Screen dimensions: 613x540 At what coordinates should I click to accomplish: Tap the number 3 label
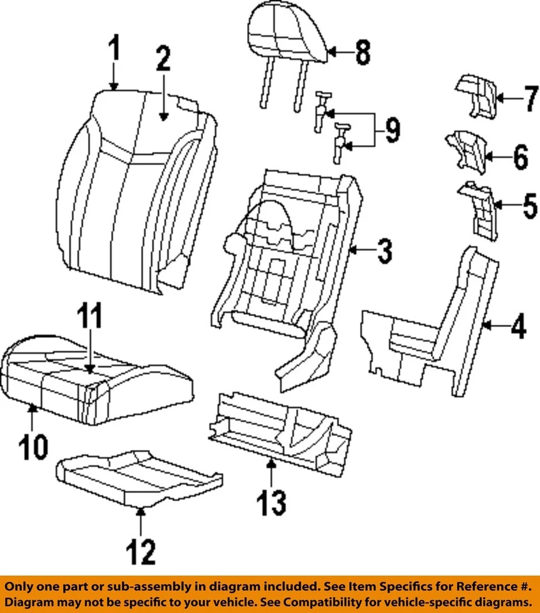[x=384, y=252]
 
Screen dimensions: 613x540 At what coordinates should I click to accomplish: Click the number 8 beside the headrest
[x=363, y=52]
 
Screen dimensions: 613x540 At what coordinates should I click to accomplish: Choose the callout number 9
[x=390, y=132]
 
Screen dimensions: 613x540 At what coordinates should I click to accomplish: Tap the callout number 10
[x=33, y=446]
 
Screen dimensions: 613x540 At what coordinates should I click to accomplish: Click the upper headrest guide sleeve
[x=324, y=109]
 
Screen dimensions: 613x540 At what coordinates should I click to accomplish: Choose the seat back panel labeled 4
[x=428, y=332]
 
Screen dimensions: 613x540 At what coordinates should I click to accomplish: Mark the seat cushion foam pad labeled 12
[x=137, y=476]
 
